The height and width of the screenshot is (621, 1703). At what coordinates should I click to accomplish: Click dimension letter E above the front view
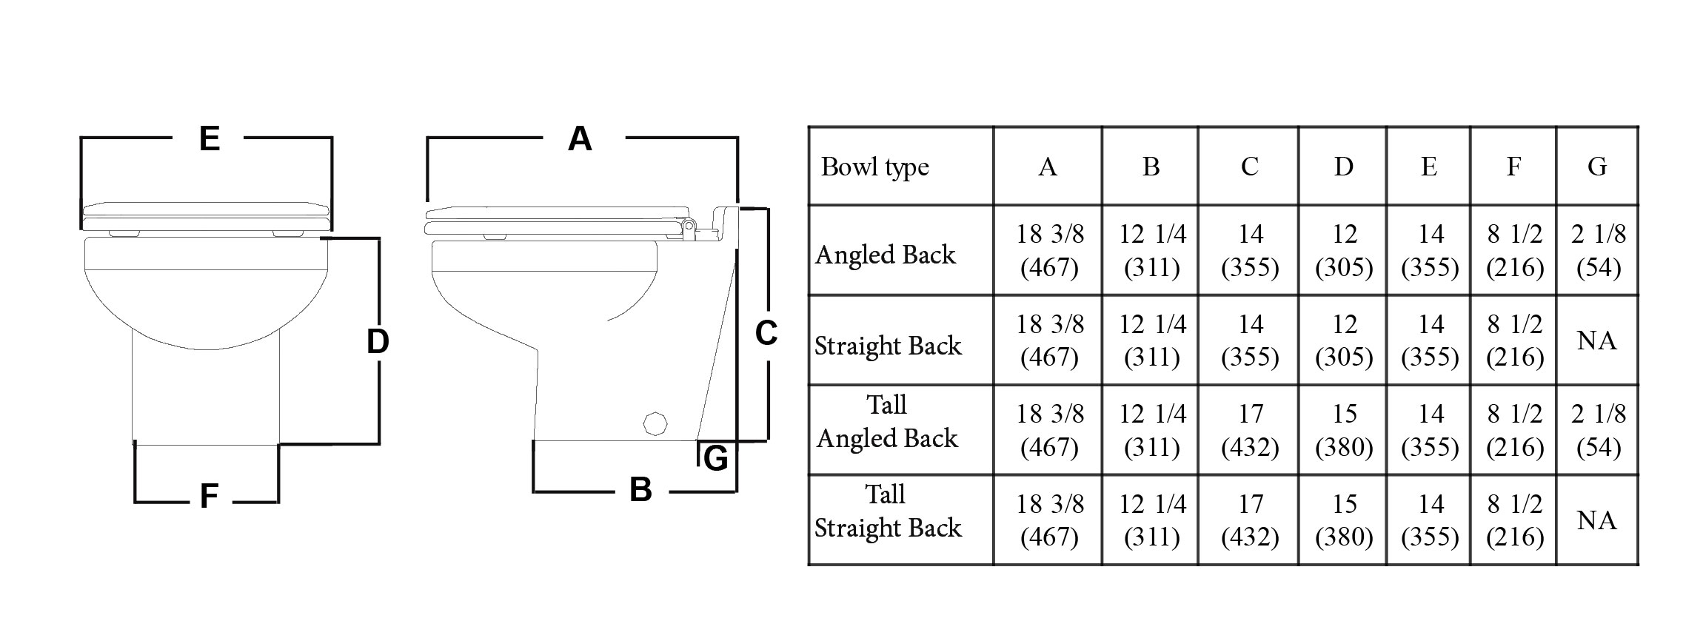(210, 138)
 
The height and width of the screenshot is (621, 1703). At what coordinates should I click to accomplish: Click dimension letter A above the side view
(580, 139)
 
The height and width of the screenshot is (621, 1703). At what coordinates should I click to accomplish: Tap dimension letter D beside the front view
(378, 341)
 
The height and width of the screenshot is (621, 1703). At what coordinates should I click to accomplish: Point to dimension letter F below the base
(209, 496)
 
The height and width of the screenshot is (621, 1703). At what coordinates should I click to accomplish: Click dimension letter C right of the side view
(766, 333)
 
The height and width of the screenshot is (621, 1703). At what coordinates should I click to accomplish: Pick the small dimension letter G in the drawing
(715, 459)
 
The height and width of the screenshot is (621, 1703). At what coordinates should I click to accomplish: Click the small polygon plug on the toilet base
(655, 423)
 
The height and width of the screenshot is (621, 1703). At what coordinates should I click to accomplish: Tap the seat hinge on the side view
(688, 225)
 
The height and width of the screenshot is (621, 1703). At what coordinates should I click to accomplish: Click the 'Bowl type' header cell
(874, 167)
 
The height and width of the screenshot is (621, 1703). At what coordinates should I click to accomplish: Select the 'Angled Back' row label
(886, 255)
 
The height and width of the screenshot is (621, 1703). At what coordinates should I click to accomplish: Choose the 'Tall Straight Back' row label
(887, 511)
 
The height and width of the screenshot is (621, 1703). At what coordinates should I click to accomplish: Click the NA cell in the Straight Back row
(1596, 341)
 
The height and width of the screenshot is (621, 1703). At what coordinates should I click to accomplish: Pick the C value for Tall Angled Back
(1250, 430)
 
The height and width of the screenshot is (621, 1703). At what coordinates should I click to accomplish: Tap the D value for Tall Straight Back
(1344, 520)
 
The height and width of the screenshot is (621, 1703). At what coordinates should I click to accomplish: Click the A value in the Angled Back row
(1049, 250)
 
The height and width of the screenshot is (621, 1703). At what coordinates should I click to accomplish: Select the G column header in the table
(1597, 167)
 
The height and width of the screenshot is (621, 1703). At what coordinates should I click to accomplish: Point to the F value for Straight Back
(1514, 340)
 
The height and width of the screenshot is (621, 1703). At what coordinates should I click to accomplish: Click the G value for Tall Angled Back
(1598, 430)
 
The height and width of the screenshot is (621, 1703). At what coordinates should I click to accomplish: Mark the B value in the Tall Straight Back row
(1151, 520)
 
